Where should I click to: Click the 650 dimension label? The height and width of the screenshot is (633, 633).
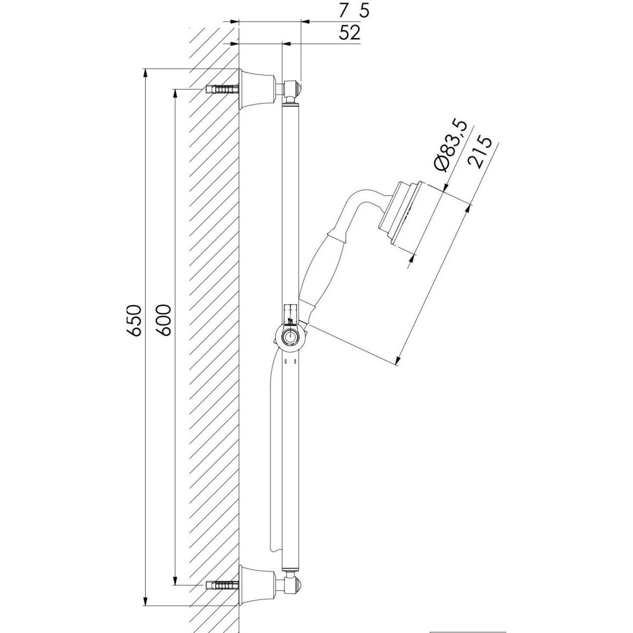pos(135,320)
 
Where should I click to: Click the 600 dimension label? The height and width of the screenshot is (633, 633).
pos(163,320)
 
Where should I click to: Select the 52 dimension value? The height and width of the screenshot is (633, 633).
pos(350,33)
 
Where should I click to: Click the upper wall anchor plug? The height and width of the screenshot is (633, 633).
pos(222,89)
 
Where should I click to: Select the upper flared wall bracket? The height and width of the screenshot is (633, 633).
pos(257,89)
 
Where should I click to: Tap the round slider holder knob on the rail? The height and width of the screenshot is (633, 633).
pos(290,337)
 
